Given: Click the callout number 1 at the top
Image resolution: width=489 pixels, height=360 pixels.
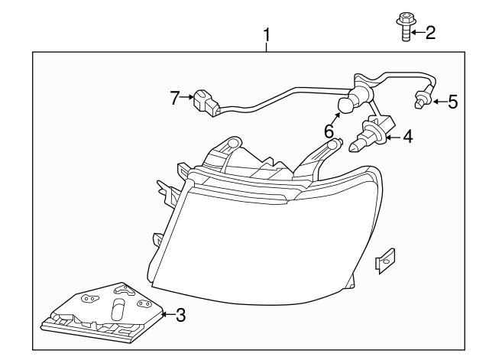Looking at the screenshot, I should point(267,34).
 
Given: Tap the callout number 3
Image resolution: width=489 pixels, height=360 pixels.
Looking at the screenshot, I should point(180,314).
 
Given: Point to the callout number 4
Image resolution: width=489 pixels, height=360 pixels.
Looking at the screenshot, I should point(407,137).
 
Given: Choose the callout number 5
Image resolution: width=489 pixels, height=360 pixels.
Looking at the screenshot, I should point(452,100).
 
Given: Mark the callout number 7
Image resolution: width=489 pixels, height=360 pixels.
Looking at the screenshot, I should point(174,97).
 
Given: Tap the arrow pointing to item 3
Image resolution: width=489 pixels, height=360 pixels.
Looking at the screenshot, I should point(169,314).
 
